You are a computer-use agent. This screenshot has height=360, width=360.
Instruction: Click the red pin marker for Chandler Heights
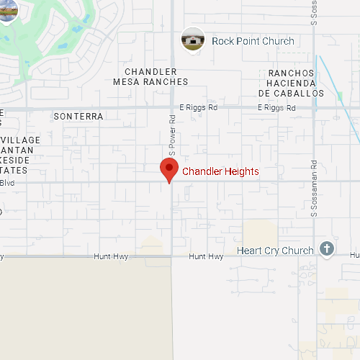point(169,171)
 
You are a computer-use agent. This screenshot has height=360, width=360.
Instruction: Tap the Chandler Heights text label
point(220,171)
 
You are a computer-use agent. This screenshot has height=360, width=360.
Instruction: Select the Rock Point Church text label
point(253,41)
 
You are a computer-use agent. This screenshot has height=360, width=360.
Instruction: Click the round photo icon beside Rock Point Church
point(192,40)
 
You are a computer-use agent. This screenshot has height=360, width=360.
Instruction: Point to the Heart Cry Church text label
point(275,251)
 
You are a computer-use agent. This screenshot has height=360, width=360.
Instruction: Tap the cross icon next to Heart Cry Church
point(326,249)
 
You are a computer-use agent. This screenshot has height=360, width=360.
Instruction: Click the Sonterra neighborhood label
point(79,116)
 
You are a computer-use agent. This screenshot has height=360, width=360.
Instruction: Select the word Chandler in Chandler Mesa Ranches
point(150,71)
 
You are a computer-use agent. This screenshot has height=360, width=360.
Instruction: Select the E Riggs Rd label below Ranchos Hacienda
point(277,107)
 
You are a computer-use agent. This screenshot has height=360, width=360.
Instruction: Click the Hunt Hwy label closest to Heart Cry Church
point(207,256)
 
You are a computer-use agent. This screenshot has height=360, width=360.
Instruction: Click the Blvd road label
point(6,183)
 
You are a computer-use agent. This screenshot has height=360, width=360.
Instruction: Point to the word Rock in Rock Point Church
point(222,41)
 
